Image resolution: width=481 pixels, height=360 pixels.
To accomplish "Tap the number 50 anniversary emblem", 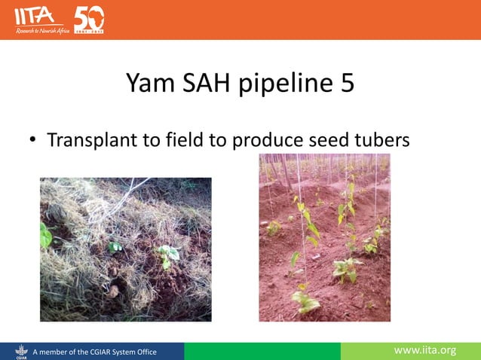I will (89, 19).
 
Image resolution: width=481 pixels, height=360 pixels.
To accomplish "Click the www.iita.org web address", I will (426, 350).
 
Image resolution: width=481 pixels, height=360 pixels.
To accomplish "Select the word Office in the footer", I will (143, 351).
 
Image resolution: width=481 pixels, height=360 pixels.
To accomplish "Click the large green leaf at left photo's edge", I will (45, 236).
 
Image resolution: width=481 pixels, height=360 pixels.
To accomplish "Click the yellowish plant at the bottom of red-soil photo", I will (307, 301).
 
